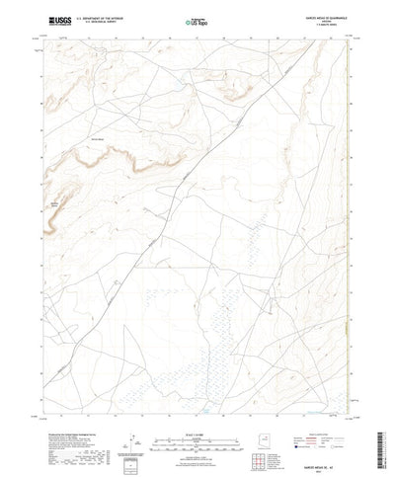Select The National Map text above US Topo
[x=194, y=16]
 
